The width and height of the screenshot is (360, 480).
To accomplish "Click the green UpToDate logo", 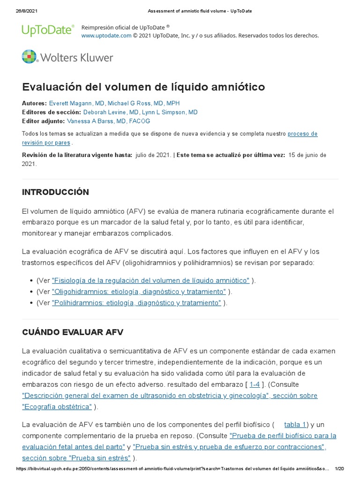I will pyautogui.click(x=48, y=30).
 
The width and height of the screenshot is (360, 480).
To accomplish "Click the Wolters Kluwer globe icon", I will pyautogui.click(x=29, y=57).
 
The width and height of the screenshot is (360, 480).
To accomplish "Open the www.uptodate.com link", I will pyautogui.click(x=106, y=36).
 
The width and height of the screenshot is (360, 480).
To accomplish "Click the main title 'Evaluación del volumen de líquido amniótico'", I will pyautogui.click(x=143, y=87).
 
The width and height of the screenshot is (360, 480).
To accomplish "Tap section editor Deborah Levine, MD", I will pyautogui.click(x=111, y=112).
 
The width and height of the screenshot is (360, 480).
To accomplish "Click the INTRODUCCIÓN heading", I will pyautogui.click(x=55, y=192).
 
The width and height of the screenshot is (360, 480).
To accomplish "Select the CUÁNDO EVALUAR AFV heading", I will pyautogui.click(x=73, y=332).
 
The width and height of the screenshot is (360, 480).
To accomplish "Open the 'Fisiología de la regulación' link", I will pyautogui.click(x=150, y=280).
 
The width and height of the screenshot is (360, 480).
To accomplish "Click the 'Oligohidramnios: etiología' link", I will pyautogui.click(x=139, y=292).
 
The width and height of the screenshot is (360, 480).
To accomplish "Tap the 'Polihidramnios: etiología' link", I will pyautogui.click(x=136, y=303).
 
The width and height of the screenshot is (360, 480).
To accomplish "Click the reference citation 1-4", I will pyautogui.click(x=255, y=384).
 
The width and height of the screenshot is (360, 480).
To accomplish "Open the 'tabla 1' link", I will pyautogui.click(x=295, y=425).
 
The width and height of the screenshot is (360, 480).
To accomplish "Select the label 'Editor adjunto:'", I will pyautogui.click(x=44, y=121).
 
